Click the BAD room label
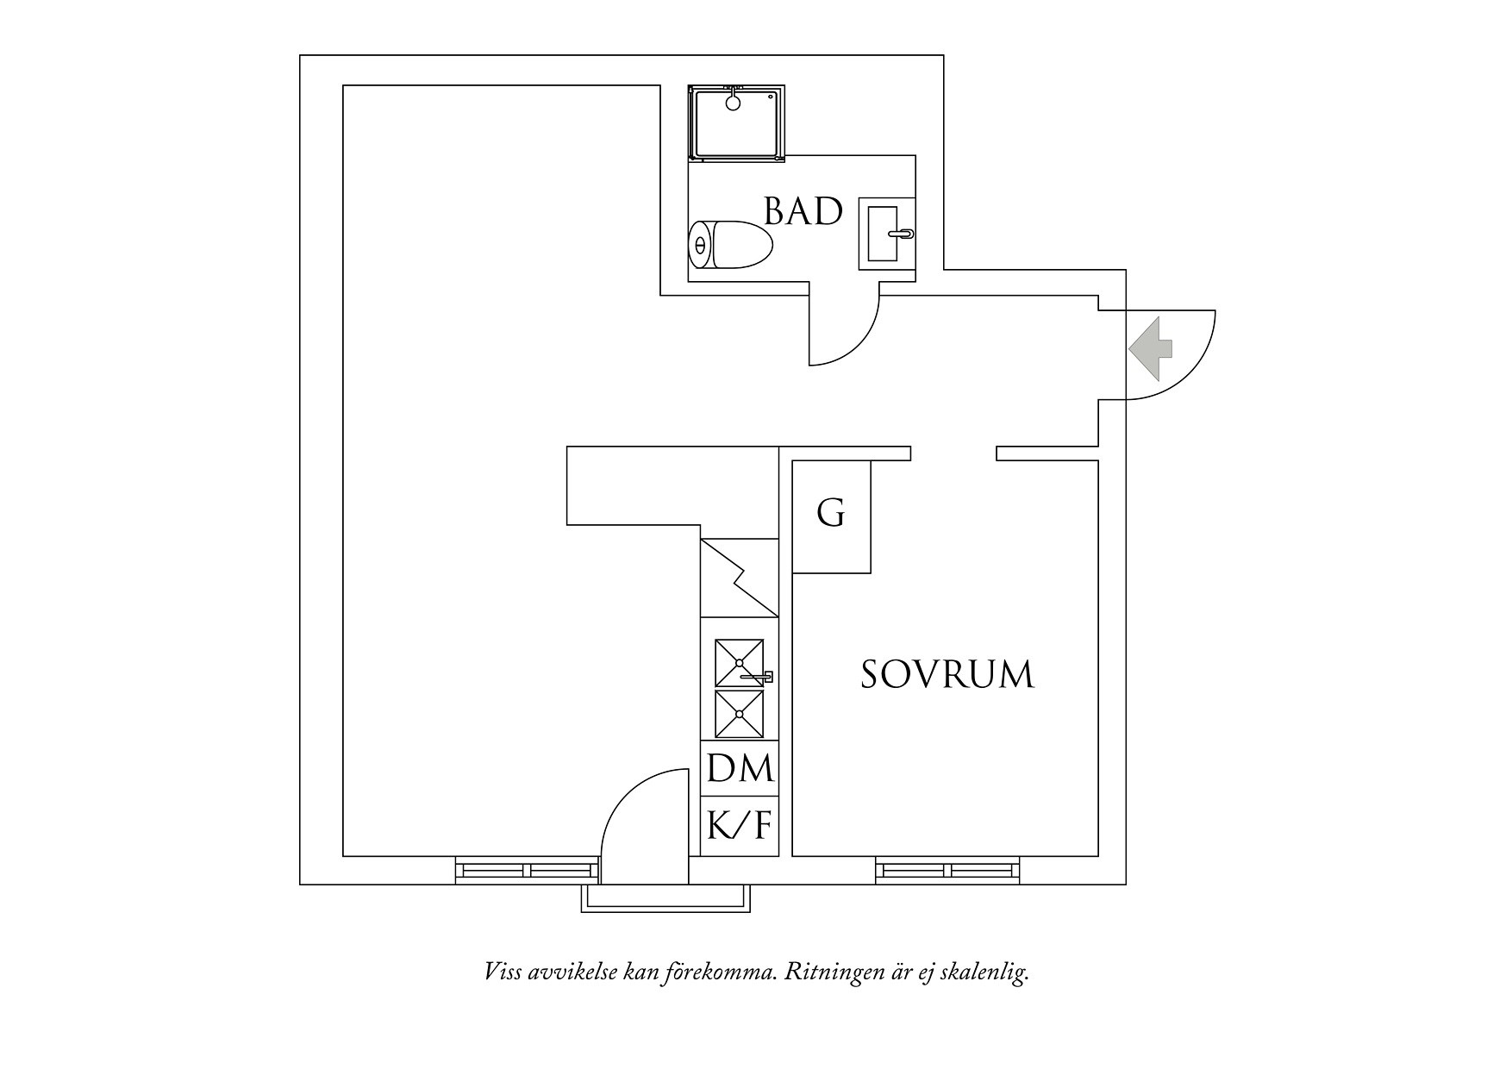803,211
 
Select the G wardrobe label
831,513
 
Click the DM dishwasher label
740,767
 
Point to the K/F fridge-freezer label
739,826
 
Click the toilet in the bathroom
731,245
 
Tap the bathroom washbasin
886,233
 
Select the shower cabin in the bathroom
737,122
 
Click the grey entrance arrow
1150,348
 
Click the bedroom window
947,870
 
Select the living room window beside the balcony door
527,870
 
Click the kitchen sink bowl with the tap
740,663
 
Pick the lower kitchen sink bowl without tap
740,714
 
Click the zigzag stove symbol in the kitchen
739,578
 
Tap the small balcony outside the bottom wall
665,898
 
